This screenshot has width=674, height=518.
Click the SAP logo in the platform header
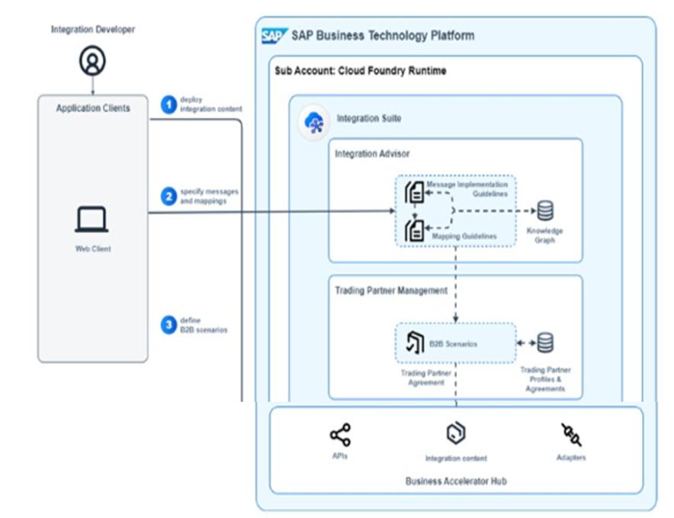click(274, 36)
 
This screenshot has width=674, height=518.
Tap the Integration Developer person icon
click(92, 62)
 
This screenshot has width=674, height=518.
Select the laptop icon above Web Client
click(91, 220)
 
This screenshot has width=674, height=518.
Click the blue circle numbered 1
click(168, 105)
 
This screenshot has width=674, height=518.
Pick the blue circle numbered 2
click(168, 196)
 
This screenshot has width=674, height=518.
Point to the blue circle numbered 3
click(168, 325)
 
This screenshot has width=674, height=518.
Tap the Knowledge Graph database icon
click(545, 211)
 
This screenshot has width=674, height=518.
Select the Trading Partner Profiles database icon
click(545, 343)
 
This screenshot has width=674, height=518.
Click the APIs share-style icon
click(340, 435)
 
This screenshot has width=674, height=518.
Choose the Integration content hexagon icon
click(455, 433)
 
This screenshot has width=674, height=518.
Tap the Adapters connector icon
click(570, 435)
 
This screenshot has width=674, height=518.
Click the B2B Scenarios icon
click(415, 343)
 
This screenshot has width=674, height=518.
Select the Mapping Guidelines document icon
click(414, 230)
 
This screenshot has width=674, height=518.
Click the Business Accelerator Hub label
click(455, 481)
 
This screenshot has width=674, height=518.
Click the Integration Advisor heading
click(372, 154)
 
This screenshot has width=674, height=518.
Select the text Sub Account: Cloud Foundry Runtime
click(361, 71)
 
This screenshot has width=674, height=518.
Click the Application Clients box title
click(93, 108)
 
